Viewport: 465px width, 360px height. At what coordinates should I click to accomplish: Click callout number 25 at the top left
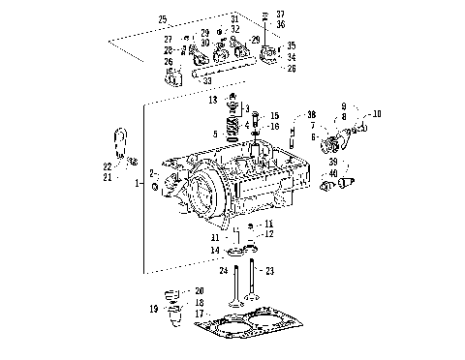(162, 19)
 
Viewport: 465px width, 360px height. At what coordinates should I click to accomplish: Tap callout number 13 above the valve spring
(212, 100)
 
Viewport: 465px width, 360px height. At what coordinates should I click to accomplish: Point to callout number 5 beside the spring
(215, 133)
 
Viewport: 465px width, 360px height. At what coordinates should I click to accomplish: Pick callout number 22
(108, 166)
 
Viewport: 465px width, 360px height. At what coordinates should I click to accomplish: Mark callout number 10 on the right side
(376, 113)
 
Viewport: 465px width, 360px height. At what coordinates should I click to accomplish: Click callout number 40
(332, 173)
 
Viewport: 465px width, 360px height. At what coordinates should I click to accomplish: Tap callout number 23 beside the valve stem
(270, 270)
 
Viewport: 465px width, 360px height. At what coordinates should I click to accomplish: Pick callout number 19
(153, 309)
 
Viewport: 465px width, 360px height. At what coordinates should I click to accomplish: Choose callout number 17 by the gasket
(200, 314)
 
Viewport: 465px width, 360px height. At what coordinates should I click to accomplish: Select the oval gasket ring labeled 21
(119, 142)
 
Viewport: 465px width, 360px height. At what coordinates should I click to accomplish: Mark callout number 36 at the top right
(280, 24)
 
